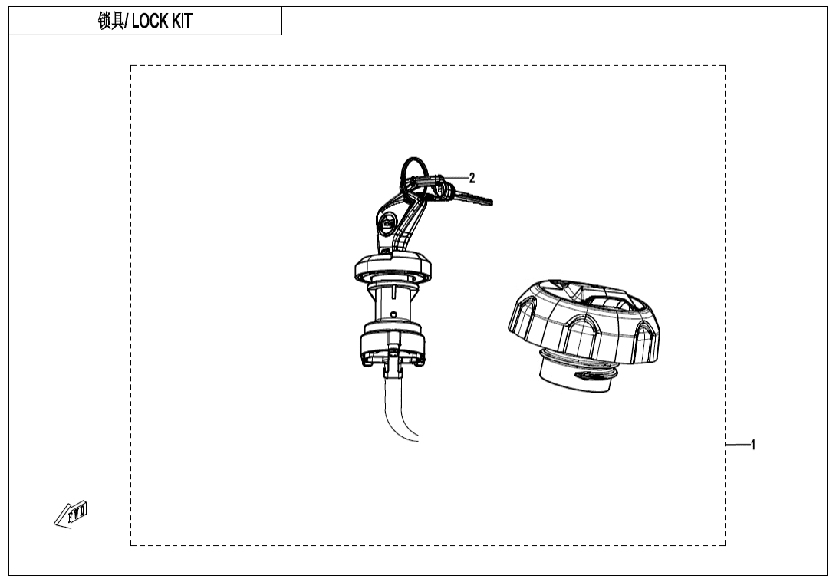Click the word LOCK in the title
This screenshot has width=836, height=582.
click(x=150, y=21)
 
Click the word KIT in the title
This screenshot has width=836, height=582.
click(x=182, y=21)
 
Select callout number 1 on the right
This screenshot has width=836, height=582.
click(x=753, y=444)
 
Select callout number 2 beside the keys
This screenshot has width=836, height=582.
click(x=472, y=178)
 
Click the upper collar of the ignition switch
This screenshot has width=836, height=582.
click(x=392, y=268)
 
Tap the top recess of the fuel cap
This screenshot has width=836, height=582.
click(x=606, y=296)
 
